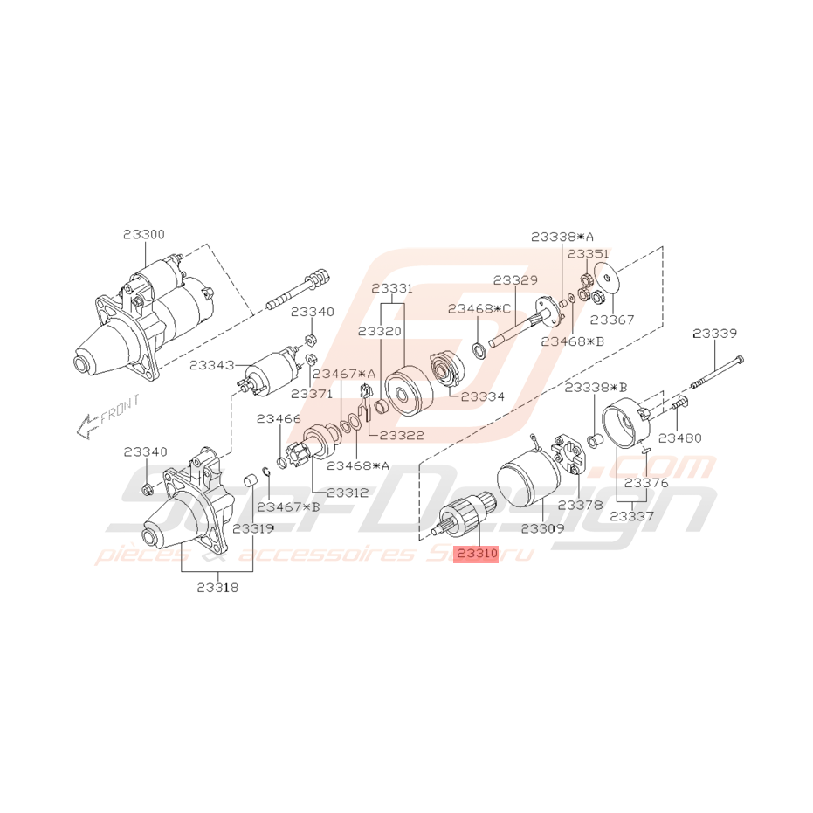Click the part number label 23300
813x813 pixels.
click(143, 234)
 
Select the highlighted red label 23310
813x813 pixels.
click(477, 554)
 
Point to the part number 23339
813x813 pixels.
click(714, 333)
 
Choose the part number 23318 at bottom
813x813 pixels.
click(217, 588)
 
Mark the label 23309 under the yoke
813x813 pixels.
click(542, 528)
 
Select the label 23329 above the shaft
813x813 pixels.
click(515, 280)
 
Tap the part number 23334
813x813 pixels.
click(483, 396)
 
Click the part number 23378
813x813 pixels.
click(580, 505)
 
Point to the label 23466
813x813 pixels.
click(279, 419)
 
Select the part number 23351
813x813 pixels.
click(589, 253)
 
